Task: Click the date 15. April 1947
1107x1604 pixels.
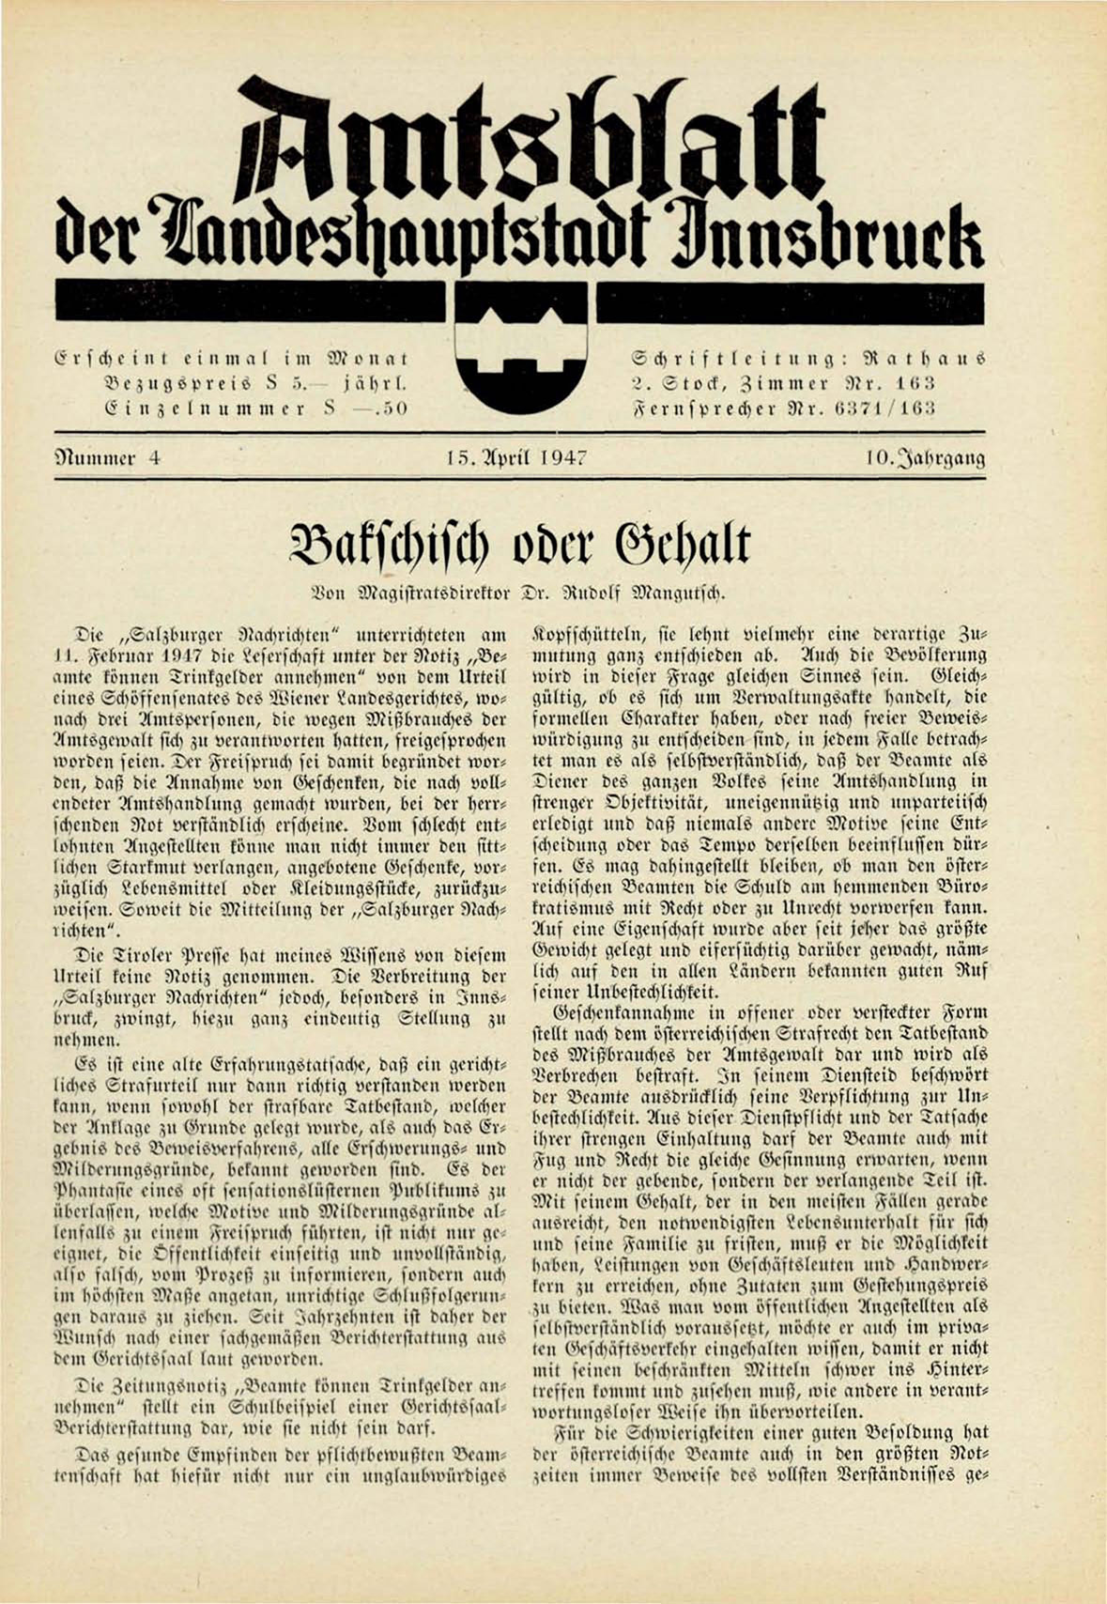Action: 517,458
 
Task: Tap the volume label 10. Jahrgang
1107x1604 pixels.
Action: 926,458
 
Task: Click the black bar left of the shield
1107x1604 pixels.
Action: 249,301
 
